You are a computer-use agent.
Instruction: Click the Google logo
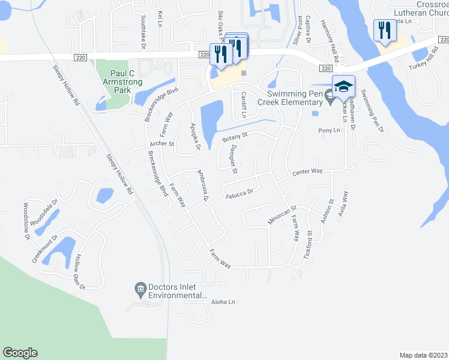click(20, 353)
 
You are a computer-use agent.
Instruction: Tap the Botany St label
click(235, 139)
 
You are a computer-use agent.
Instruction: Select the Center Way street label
click(307, 172)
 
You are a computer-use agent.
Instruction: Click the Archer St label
click(161, 144)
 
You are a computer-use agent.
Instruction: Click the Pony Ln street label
click(329, 130)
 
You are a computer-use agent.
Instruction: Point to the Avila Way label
click(343, 203)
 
